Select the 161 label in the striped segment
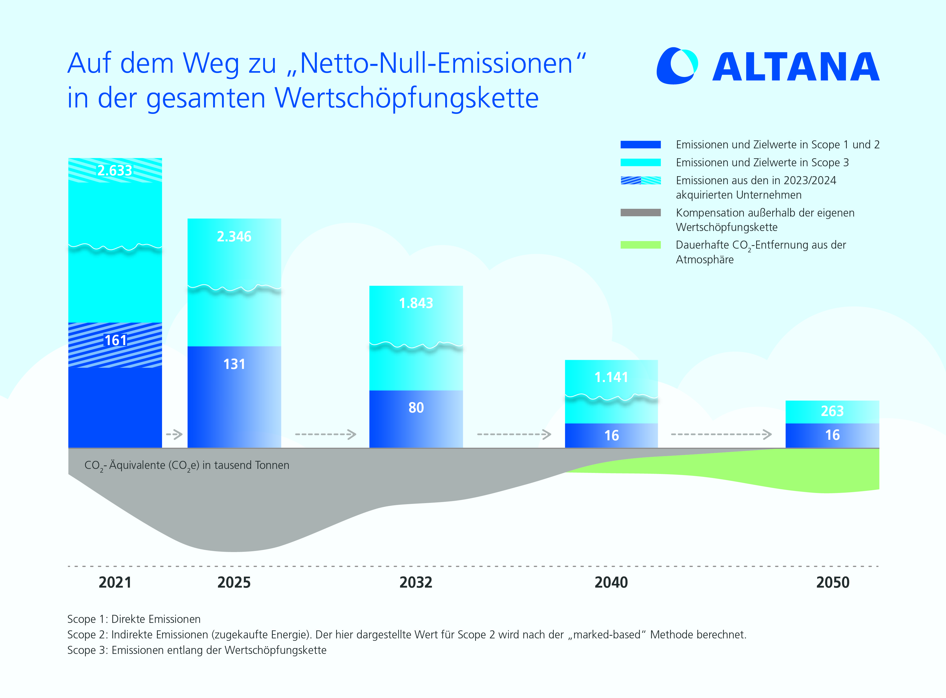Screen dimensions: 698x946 coord(115,340)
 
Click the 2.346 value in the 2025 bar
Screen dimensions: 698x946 coord(234,237)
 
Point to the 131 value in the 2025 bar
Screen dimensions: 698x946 coord(234,364)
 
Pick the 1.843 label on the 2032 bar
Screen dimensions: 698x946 coord(416,303)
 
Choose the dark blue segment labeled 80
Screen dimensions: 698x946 coord(416,418)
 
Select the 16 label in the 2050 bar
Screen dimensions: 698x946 coord(832,435)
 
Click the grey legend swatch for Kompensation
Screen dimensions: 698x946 coord(640,213)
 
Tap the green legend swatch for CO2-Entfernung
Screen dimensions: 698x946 coord(640,245)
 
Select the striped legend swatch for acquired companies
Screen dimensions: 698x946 coord(640,181)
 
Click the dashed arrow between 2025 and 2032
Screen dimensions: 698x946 coord(325,434)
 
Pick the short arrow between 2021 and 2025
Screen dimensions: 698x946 coord(174,434)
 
